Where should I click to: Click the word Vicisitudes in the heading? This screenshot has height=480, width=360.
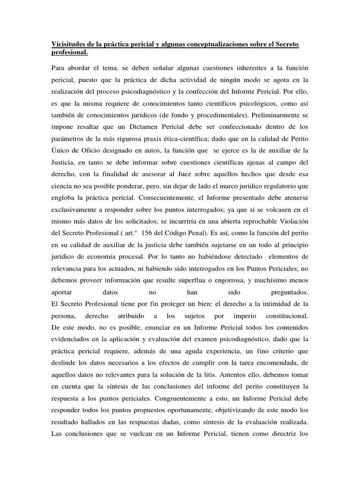pyautogui.click(x=67, y=44)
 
